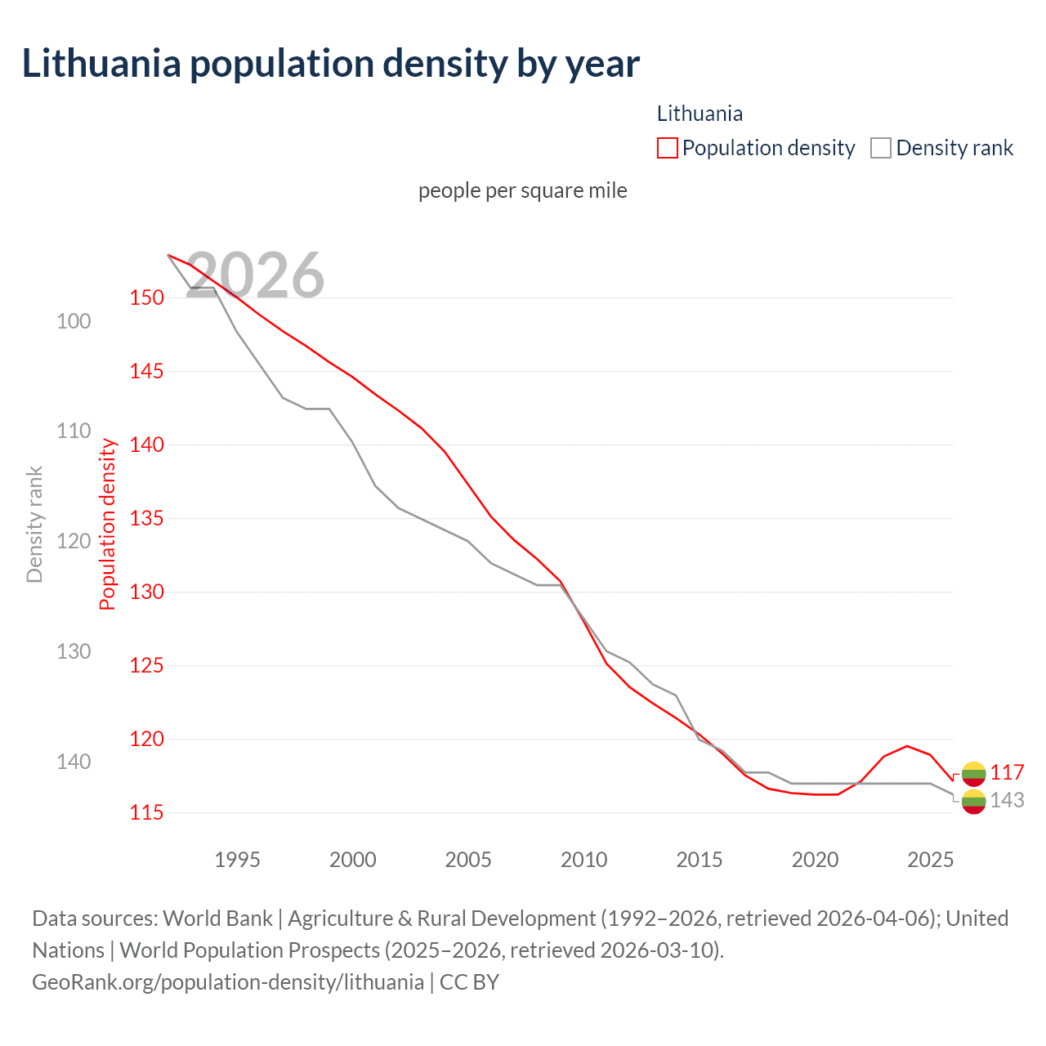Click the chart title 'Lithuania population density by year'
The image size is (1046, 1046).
pos(330,64)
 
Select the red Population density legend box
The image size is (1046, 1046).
pos(667,148)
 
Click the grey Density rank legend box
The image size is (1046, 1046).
pos(880,148)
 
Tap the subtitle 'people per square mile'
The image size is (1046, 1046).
pos(522,190)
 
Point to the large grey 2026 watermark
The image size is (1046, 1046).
pos(256,275)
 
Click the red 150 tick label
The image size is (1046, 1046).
pos(146,297)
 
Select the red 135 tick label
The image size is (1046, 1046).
pos(146,518)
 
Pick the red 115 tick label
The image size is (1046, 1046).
pos(146,812)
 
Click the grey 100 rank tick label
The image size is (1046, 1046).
pos(74,321)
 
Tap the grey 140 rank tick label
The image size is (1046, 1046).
pos(74,762)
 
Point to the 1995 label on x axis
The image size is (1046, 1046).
pos(237,860)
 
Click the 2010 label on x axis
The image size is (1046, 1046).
pos(583,860)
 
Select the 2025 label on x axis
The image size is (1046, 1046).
pos(930,860)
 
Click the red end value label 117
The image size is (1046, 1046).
pos(1007,773)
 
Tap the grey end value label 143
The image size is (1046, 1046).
pos(1007,801)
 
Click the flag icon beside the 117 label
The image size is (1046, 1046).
pos(973,773)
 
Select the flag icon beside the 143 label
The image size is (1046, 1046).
pos(973,802)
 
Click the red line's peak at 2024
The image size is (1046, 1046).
pos(907,745)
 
